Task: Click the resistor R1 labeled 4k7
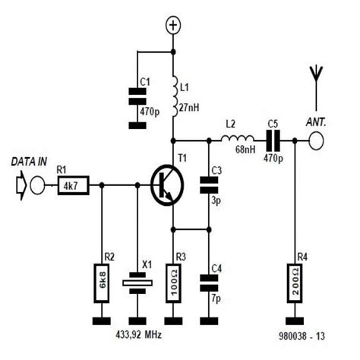[73, 185]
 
